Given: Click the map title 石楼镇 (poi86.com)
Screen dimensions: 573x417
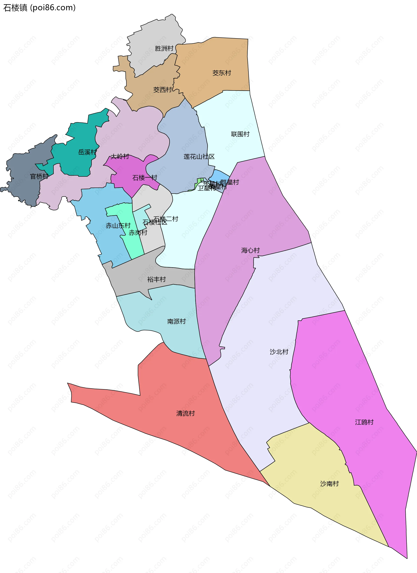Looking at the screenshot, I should (39, 8).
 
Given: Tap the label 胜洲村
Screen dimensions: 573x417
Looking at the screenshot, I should (164, 48).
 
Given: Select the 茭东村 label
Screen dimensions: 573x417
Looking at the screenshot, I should (222, 73).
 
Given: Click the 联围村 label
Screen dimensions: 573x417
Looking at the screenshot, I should (240, 134).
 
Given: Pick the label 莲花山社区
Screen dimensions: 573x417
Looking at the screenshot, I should (199, 157).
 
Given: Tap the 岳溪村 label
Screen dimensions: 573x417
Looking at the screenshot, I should (87, 152).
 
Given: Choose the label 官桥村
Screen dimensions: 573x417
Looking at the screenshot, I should (39, 176).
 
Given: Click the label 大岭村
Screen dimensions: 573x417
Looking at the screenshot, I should (120, 156).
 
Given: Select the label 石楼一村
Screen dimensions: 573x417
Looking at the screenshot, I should (145, 178).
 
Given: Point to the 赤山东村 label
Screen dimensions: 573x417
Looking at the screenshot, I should (118, 226).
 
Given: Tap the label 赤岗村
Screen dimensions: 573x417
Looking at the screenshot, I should (138, 233).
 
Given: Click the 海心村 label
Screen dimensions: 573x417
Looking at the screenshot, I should (250, 250).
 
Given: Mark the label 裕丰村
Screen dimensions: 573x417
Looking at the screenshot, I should (156, 279).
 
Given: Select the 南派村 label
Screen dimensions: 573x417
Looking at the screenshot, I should (176, 321).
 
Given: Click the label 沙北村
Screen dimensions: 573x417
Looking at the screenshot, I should (279, 352).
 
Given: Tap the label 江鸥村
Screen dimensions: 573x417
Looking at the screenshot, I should (364, 422).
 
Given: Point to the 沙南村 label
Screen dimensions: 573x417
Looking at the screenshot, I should (329, 484).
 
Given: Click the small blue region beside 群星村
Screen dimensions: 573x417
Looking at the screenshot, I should (218, 175).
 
